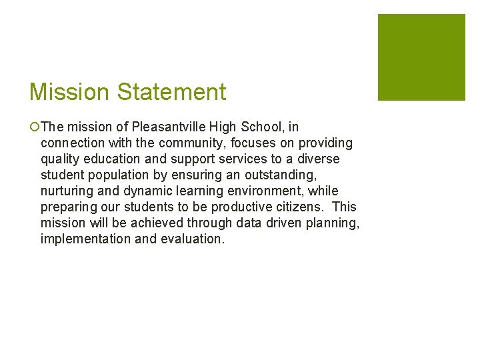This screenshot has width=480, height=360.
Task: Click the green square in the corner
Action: point(421,57)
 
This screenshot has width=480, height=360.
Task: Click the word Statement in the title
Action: point(172,92)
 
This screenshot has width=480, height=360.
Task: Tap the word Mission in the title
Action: point(71,92)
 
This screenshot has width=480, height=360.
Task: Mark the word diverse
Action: point(318,159)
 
